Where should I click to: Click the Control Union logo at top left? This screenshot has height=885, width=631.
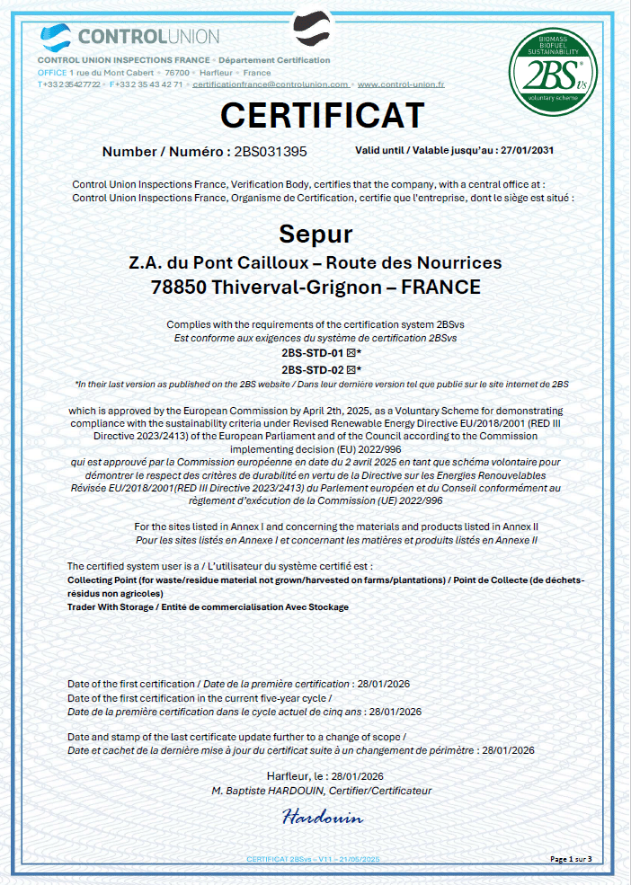click(x=130, y=37)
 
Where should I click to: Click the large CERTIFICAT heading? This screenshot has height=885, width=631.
click(x=322, y=116)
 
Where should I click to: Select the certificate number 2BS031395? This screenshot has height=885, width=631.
click(x=270, y=152)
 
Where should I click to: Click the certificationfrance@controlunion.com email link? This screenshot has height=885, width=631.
click(x=271, y=84)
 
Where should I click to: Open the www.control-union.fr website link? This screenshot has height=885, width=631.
click(x=401, y=84)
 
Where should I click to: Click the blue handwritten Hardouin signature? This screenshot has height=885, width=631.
click(x=322, y=818)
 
